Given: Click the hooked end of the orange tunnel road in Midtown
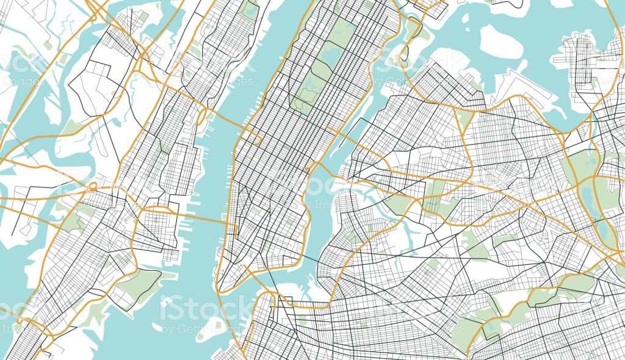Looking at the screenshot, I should pos(259,141).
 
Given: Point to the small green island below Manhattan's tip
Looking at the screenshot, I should pos(214,326).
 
